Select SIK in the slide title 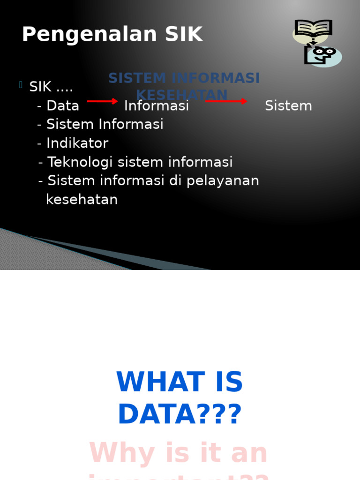click(x=184, y=35)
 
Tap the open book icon click(x=313, y=29)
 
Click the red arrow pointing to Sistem click(x=226, y=101)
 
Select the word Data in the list click(x=63, y=106)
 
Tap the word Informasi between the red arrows click(x=157, y=106)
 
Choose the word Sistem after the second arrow click(x=288, y=106)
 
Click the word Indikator click(x=77, y=143)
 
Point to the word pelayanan click(x=223, y=181)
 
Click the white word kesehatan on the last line click(x=82, y=200)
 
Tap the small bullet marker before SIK click(x=21, y=85)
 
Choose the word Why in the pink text click(x=115, y=453)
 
